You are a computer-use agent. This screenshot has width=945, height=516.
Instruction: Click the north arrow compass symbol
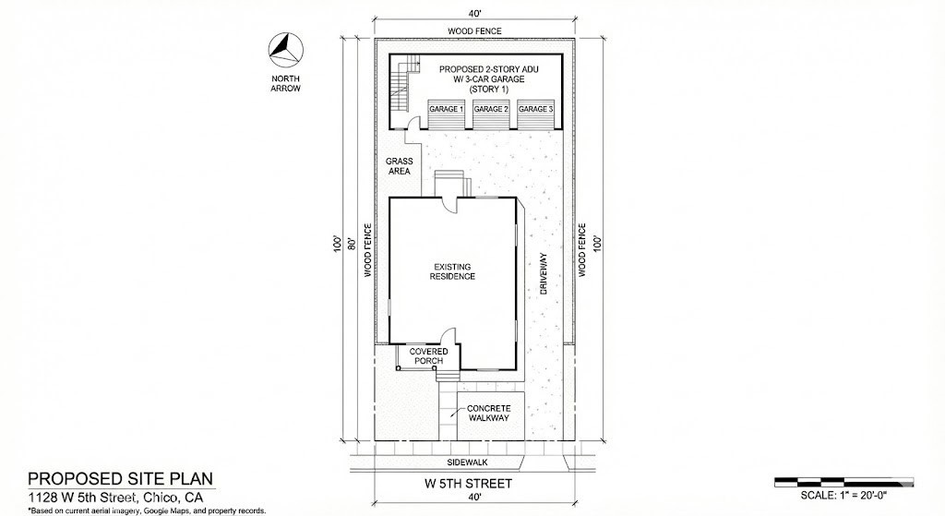(286, 51)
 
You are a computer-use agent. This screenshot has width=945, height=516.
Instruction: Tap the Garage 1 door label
(446, 109)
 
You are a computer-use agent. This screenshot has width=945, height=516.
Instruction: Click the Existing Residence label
(452, 271)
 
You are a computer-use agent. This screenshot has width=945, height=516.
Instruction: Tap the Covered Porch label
(428, 355)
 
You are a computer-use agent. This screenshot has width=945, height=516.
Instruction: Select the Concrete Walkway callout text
(489, 413)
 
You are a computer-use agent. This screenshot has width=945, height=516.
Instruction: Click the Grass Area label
(399, 166)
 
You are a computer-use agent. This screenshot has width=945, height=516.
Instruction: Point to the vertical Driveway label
(543, 273)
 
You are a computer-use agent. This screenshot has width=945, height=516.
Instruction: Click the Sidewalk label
(468, 462)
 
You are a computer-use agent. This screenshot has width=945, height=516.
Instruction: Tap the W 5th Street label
(468, 484)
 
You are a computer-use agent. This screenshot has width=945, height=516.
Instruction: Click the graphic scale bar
(843, 482)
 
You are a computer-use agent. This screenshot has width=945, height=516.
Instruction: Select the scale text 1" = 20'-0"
(843, 496)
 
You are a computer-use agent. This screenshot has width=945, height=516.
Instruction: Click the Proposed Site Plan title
(121, 479)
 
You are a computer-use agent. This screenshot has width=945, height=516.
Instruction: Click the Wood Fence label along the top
(474, 30)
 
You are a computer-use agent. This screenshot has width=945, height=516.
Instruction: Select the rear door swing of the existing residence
(450, 205)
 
